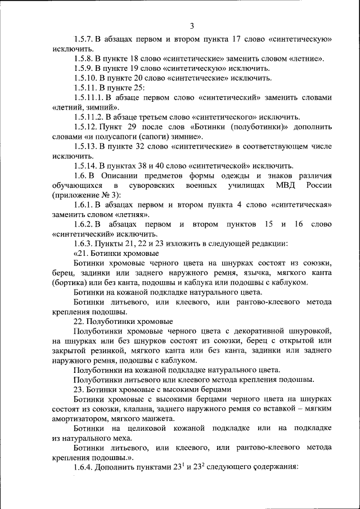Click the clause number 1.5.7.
(x=83, y=39)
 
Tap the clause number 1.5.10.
(x=85, y=78)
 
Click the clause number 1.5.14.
(x=85, y=165)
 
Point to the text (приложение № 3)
(x=83, y=195)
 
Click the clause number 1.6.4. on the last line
(x=83, y=467)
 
